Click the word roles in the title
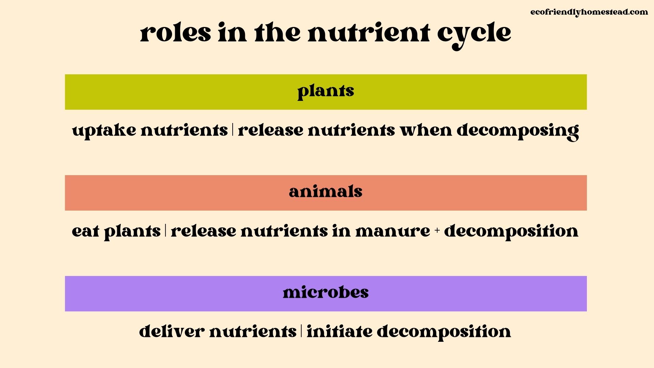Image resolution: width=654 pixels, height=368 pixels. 175,33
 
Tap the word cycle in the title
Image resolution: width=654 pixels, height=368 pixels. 474,34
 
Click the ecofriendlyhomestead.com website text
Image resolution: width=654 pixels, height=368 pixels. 589,12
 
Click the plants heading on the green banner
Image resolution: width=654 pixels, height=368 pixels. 326,91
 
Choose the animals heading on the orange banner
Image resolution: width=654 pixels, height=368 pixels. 326,192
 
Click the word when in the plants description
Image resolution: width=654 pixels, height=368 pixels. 426,130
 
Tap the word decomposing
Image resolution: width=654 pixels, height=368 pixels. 517,131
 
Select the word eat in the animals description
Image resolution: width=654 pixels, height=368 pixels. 85,231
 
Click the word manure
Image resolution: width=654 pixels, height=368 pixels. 392,231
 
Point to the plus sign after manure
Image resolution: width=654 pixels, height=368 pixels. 437,231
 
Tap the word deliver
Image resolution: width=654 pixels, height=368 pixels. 172,332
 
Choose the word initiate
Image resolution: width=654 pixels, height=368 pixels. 339,332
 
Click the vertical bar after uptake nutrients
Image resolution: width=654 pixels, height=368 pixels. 233,130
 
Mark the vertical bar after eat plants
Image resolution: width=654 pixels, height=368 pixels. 166,231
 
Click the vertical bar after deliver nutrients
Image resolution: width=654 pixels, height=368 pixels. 301,331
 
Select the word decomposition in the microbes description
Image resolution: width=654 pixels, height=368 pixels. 443,332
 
